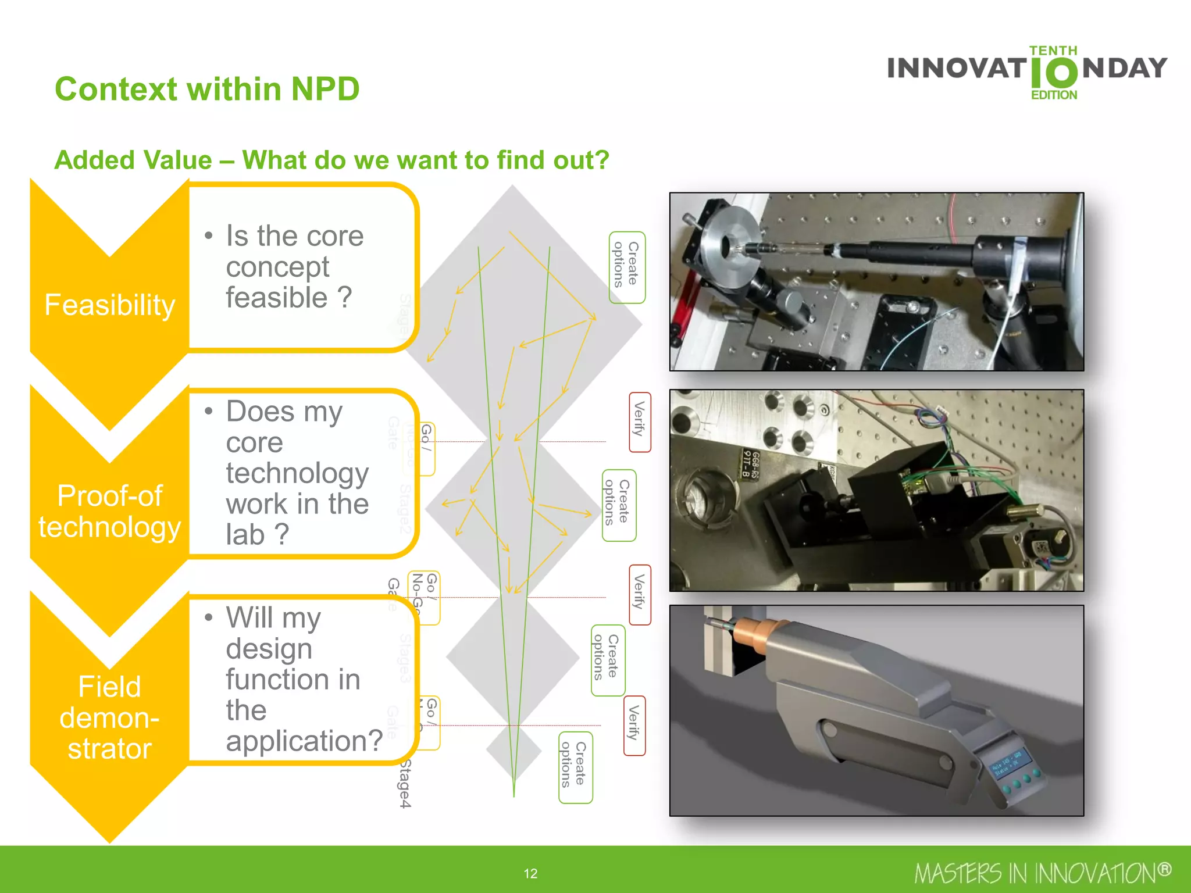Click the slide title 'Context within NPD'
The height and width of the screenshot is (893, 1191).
207,90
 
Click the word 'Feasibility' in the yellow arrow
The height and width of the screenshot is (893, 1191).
109,305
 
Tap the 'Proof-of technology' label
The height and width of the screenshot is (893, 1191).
109,512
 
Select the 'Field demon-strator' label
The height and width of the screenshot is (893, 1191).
109,717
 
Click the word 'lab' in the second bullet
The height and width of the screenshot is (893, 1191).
245,534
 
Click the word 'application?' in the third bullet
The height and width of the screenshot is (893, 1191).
304,741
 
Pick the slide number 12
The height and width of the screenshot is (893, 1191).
530,873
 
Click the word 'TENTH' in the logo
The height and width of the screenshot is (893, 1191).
1053,51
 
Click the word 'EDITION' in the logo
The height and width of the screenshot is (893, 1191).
1054,95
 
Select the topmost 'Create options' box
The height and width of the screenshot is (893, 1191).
626,267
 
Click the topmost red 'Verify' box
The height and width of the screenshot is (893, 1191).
639,422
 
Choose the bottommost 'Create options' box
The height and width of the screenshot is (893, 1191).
575,767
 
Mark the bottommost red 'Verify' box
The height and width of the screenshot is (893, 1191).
634,725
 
